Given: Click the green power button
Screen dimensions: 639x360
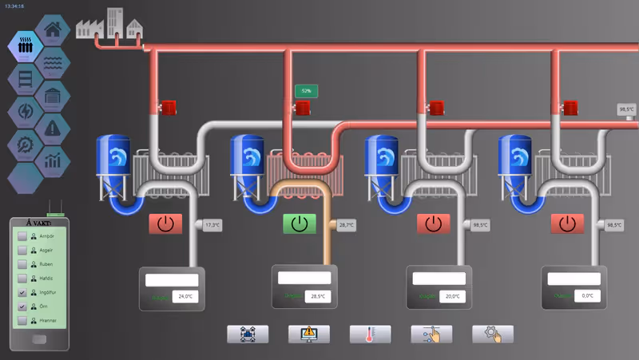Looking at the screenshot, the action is click(x=300, y=224).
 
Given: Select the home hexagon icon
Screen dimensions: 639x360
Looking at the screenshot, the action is click(x=53, y=30).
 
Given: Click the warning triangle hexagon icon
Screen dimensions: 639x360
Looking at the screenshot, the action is click(x=53, y=126).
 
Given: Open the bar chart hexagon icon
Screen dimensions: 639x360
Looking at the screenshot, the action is click(x=53, y=160).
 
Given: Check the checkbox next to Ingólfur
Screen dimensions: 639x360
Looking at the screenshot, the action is click(x=22, y=293).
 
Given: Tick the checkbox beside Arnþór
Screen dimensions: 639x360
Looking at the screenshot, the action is click(x=22, y=237).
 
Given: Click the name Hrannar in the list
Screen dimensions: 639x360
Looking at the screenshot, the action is click(x=49, y=321).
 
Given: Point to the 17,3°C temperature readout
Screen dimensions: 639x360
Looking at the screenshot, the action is click(x=212, y=226).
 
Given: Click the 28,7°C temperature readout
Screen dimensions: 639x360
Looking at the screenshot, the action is click(x=346, y=226).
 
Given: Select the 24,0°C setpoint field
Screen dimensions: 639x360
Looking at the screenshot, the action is click(x=185, y=297).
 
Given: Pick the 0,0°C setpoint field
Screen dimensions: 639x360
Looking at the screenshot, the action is click(x=587, y=296).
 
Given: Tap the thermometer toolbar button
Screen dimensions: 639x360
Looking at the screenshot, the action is click(x=370, y=334).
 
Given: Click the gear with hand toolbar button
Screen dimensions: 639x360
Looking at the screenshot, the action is click(x=493, y=334).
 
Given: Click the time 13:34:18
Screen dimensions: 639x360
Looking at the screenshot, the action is click(x=14, y=6).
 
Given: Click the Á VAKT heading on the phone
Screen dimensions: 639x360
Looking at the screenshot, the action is click(x=39, y=223).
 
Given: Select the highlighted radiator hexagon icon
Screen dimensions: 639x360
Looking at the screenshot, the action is click(x=26, y=45).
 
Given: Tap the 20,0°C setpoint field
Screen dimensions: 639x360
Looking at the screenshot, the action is click(x=453, y=296).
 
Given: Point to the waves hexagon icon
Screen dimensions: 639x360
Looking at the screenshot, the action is click(x=53, y=62).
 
